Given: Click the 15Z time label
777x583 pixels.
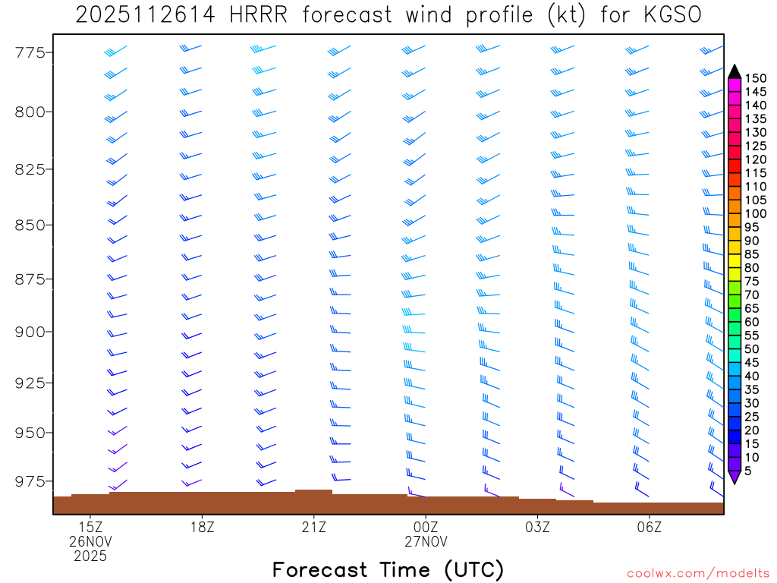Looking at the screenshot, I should coord(90,526).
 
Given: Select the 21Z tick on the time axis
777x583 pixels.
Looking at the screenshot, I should coord(313,526).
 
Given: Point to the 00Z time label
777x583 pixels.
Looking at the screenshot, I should coord(426,526).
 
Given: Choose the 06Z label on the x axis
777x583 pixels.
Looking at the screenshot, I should coord(650,526).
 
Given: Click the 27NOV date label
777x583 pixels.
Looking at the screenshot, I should coord(426,541).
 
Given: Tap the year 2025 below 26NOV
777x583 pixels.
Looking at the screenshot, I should coord(90,556).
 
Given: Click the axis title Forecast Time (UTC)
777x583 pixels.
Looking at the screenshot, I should coord(388,569).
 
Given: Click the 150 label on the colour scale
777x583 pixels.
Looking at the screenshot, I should coord(755,78).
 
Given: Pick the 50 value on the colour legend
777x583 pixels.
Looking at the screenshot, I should coord(752,349).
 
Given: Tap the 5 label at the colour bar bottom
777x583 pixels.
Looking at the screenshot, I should coord(748,471).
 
